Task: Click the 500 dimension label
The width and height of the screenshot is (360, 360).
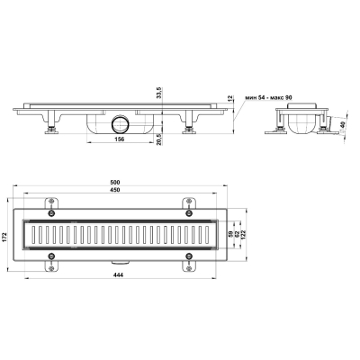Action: tap(115, 182)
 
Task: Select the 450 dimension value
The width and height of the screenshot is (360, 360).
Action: tap(115, 190)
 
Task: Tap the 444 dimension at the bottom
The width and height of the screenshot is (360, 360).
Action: tap(119, 274)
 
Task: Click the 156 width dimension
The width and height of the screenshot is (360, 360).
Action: tap(119, 139)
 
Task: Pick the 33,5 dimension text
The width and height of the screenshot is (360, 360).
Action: tap(159, 93)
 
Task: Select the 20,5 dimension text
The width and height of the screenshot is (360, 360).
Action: tap(159, 139)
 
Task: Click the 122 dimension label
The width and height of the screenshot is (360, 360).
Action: tap(243, 235)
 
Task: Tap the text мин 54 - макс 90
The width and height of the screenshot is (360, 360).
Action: tap(268, 98)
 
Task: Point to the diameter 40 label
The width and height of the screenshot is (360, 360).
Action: tap(342, 127)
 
